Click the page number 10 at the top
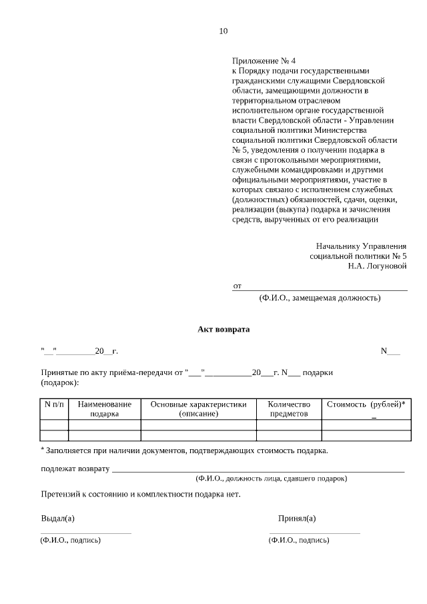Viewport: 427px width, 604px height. (224, 31)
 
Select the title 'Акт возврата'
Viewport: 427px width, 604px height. (224, 329)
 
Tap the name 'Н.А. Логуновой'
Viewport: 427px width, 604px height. (377, 266)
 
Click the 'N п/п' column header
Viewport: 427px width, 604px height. (54, 404)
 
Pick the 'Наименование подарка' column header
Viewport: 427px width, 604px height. (104, 409)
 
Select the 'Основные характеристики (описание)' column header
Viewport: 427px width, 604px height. (198, 409)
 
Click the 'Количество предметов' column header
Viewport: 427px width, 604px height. (289, 409)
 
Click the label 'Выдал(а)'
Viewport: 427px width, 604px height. (57, 519)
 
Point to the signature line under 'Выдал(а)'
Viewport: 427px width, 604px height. (86, 533)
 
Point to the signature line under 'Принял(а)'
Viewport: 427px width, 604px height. (314, 533)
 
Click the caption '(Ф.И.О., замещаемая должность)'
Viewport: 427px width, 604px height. (320, 298)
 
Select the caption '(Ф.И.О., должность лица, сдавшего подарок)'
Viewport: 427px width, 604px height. (271, 479)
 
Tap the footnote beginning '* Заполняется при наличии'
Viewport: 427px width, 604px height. (184, 450)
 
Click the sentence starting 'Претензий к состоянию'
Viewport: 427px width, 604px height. (140, 495)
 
